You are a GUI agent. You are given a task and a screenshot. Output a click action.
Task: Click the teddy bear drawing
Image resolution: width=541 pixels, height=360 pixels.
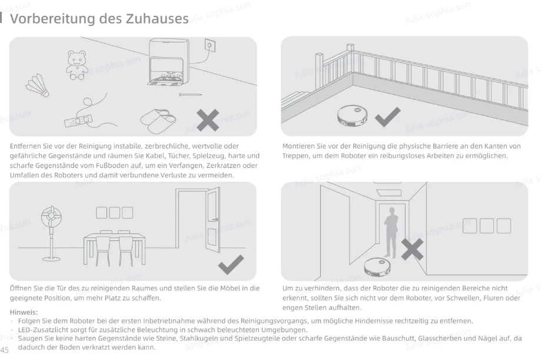[77, 65]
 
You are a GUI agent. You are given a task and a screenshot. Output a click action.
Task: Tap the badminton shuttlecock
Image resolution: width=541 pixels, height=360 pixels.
[37, 85]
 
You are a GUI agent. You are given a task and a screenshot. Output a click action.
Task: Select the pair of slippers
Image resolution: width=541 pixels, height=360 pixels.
[158, 121]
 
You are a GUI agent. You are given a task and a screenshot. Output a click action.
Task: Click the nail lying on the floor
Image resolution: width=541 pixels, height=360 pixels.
[190, 94]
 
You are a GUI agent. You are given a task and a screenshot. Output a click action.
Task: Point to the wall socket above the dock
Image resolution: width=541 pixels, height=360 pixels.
[210, 45]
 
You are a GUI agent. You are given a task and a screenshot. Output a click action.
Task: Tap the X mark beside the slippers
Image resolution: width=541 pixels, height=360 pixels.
[208, 120]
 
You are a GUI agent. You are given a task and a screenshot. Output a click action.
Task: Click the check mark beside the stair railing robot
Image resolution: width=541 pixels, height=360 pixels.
[387, 117]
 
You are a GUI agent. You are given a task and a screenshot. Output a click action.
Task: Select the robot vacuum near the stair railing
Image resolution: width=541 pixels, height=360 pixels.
[352, 115]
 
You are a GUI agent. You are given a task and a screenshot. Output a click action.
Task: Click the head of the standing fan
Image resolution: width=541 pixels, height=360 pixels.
[51, 216]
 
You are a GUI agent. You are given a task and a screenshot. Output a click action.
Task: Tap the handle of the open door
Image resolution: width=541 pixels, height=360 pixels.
[215, 219]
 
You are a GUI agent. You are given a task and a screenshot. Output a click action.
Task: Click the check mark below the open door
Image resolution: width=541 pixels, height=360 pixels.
[231, 265]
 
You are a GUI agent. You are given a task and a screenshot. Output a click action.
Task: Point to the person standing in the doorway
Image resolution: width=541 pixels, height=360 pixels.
[391, 232]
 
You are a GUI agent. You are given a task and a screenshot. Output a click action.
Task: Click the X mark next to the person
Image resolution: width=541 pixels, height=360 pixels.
[412, 249]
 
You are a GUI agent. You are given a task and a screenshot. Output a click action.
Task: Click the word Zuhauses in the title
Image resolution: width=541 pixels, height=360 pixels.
[157, 18]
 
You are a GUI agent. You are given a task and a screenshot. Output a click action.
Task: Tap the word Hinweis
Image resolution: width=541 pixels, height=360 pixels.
[24, 312]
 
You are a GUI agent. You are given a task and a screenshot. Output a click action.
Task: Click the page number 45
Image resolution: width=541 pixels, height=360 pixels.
[5, 350]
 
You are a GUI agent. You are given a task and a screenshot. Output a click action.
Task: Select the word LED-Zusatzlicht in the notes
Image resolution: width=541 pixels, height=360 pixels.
[43, 329]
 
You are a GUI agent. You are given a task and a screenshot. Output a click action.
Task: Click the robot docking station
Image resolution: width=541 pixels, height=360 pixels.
[169, 62]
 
